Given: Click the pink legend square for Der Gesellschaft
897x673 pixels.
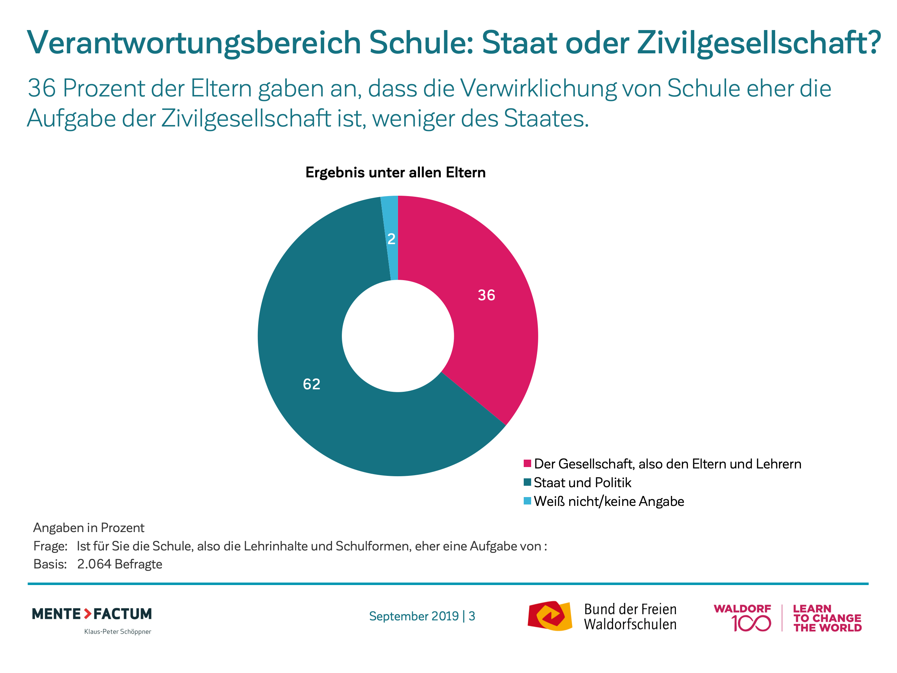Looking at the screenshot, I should coord(527,464).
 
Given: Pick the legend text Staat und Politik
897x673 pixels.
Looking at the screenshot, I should coord(582,483).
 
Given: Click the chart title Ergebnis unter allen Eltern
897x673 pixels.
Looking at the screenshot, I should coord(396,172).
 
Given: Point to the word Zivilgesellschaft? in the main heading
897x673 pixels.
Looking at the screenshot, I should coord(758,43).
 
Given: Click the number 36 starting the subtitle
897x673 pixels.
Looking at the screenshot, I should coord(41,88).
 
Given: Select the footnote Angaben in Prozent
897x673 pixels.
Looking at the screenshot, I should coord(89,528).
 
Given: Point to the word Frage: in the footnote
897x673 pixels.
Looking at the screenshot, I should coord(50,547).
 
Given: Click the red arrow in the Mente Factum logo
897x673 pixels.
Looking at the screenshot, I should coord(88,614).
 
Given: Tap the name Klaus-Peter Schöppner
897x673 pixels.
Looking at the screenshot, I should coord(118,632).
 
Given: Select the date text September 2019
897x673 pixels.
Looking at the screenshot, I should coord(414,616).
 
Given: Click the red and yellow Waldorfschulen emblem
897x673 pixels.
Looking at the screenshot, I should coord(550,616).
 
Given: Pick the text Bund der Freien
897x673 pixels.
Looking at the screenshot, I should coord(630,609).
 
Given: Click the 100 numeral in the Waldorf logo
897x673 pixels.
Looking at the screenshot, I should coord(751,624).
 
